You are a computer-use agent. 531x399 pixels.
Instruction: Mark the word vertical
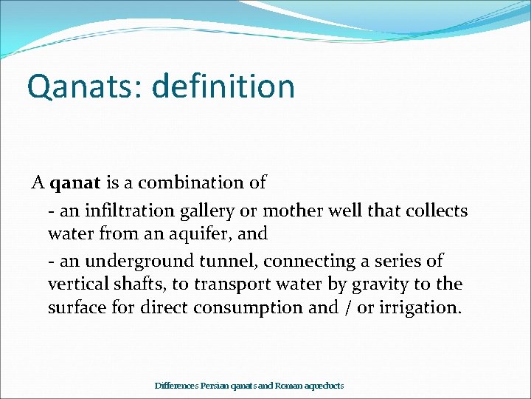point(77,284)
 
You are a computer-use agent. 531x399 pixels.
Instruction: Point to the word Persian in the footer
point(213,386)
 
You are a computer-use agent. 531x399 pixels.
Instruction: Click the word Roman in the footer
point(288,386)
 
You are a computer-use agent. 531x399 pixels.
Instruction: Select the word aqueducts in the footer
point(324,386)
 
